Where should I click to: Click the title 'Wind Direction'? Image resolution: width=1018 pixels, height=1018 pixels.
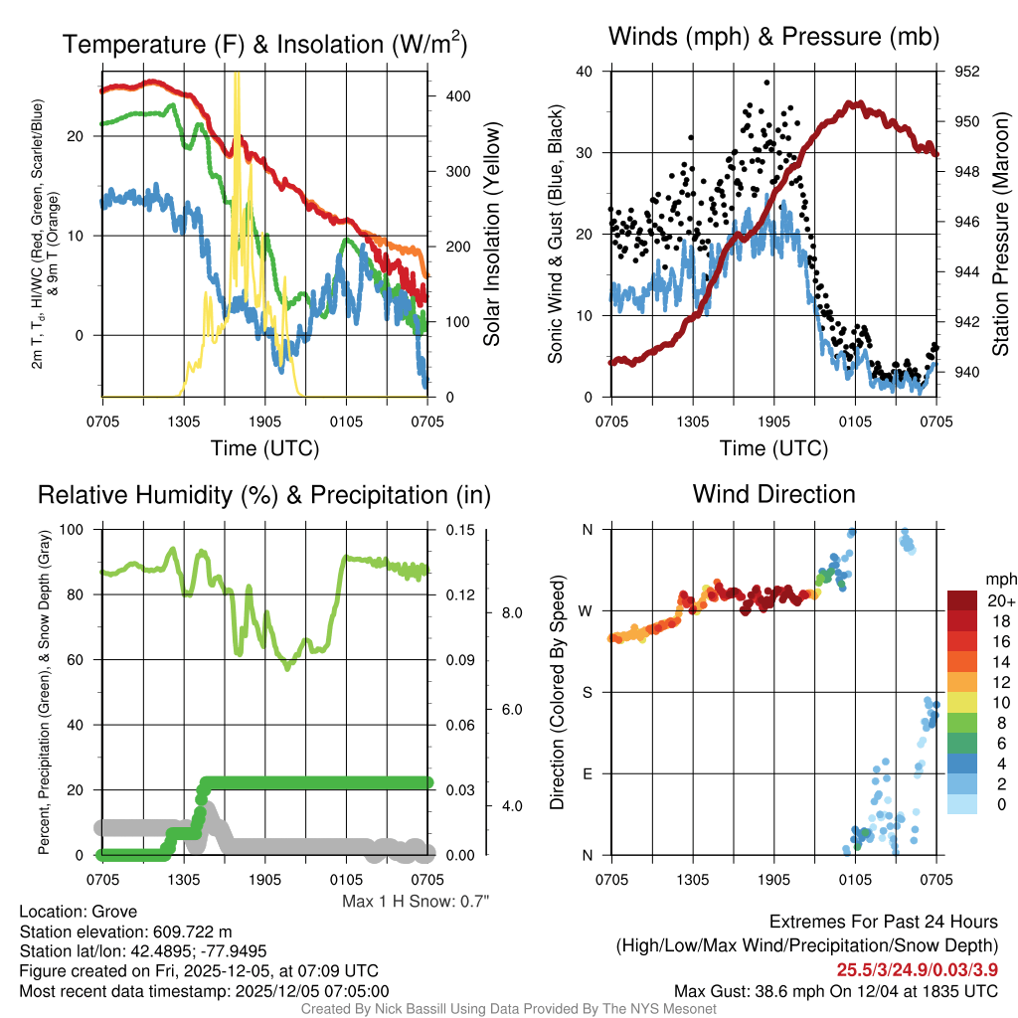[x=773, y=494]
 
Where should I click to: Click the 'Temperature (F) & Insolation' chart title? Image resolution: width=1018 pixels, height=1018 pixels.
[x=264, y=44]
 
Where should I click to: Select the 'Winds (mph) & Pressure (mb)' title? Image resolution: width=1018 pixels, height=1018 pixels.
[x=773, y=37]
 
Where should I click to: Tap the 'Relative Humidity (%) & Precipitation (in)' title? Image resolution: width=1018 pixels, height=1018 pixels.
[x=264, y=494]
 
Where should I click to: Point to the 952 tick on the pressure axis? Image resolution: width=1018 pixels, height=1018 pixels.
[x=968, y=72]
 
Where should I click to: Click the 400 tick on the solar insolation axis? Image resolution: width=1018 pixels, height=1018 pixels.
[x=457, y=95]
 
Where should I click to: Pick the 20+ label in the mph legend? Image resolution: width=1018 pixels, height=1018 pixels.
[x=998, y=600]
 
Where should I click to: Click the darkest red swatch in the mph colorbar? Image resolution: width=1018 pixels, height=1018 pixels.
[x=963, y=600]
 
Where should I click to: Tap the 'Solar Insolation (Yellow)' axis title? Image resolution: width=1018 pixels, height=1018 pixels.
[x=492, y=235]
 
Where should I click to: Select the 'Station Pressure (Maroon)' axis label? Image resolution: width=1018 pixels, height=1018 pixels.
[x=1001, y=235]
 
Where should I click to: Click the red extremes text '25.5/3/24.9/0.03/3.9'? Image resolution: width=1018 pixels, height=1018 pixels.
[x=917, y=968]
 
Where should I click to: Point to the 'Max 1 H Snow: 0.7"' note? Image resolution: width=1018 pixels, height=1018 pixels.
[x=416, y=902]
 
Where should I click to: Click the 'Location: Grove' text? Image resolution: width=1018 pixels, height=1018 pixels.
[x=78, y=912]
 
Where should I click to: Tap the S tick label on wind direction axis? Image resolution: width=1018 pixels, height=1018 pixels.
[x=588, y=692]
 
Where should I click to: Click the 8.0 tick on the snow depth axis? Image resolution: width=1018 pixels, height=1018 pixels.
[x=511, y=613]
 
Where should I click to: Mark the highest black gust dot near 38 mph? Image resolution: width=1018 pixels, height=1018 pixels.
[x=766, y=84]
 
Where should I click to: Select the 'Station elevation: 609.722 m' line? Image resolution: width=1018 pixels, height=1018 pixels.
[x=125, y=932]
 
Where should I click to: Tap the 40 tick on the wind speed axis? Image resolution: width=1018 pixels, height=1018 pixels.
[x=585, y=72]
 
